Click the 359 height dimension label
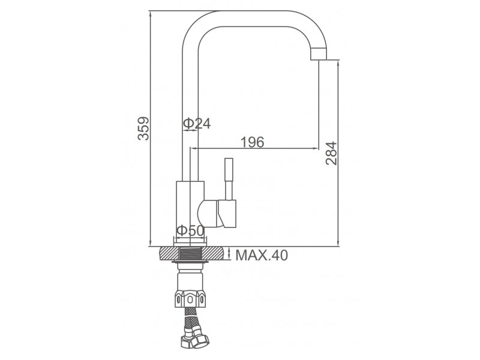coord(143,128)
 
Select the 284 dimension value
coord(331,153)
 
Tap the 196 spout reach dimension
coord(252,142)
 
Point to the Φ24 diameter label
coord(197,124)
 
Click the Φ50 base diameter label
coord(190,230)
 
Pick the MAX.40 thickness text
coord(262,255)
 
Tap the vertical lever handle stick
coord(229,179)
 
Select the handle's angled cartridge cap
coord(227,214)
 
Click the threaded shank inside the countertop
coord(190,254)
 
